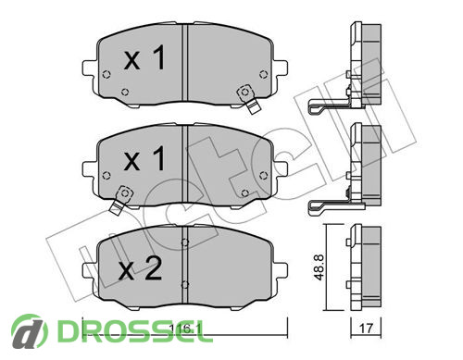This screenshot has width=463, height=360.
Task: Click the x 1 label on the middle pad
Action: [144, 159]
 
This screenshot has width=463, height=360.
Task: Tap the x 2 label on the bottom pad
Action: [141, 269]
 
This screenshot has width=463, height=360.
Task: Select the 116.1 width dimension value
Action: [185, 329]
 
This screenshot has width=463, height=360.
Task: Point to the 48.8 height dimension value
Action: [319, 267]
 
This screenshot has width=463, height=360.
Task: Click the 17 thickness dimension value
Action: [366, 329]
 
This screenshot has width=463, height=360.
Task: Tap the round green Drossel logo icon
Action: [29, 331]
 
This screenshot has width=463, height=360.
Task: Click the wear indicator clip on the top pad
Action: [249, 98]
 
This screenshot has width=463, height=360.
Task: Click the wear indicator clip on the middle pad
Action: [121, 200]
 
